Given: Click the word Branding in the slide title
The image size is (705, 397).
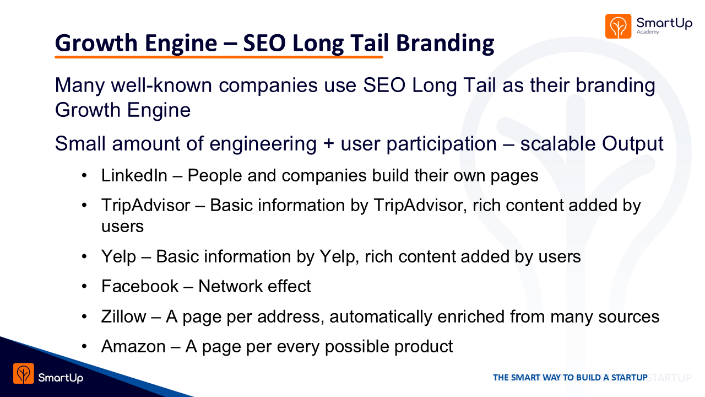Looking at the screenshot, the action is [x=445, y=44].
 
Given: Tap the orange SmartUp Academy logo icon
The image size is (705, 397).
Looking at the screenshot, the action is [x=618, y=26].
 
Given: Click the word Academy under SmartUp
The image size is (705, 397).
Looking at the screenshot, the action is [x=648, y=32].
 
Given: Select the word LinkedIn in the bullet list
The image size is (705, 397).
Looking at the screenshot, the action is [x=134, y=175].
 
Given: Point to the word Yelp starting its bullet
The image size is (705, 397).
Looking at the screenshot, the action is [x=118, y=257].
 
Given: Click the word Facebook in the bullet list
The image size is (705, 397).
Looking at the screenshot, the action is [x=140, y=286].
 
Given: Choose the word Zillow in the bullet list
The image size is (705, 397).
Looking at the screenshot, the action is [x=124, y=316].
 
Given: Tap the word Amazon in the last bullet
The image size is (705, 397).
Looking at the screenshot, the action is [x=133, y=346].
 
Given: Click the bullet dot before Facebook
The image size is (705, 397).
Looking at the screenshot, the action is [x=84, y=286].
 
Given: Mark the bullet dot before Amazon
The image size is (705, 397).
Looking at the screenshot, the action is [x=84, y=347].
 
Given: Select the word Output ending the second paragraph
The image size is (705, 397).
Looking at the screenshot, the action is [x=633, y=144].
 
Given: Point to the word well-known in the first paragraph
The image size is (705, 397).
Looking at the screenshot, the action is [x=161, y=85].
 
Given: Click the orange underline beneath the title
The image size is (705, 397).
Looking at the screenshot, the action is [x=219, y=57].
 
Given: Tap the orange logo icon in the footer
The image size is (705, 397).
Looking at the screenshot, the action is [x=24, y=373].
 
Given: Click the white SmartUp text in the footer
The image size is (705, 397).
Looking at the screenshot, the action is [x=61, y=378].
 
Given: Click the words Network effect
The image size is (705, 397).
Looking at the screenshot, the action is [x=254, y=286].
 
